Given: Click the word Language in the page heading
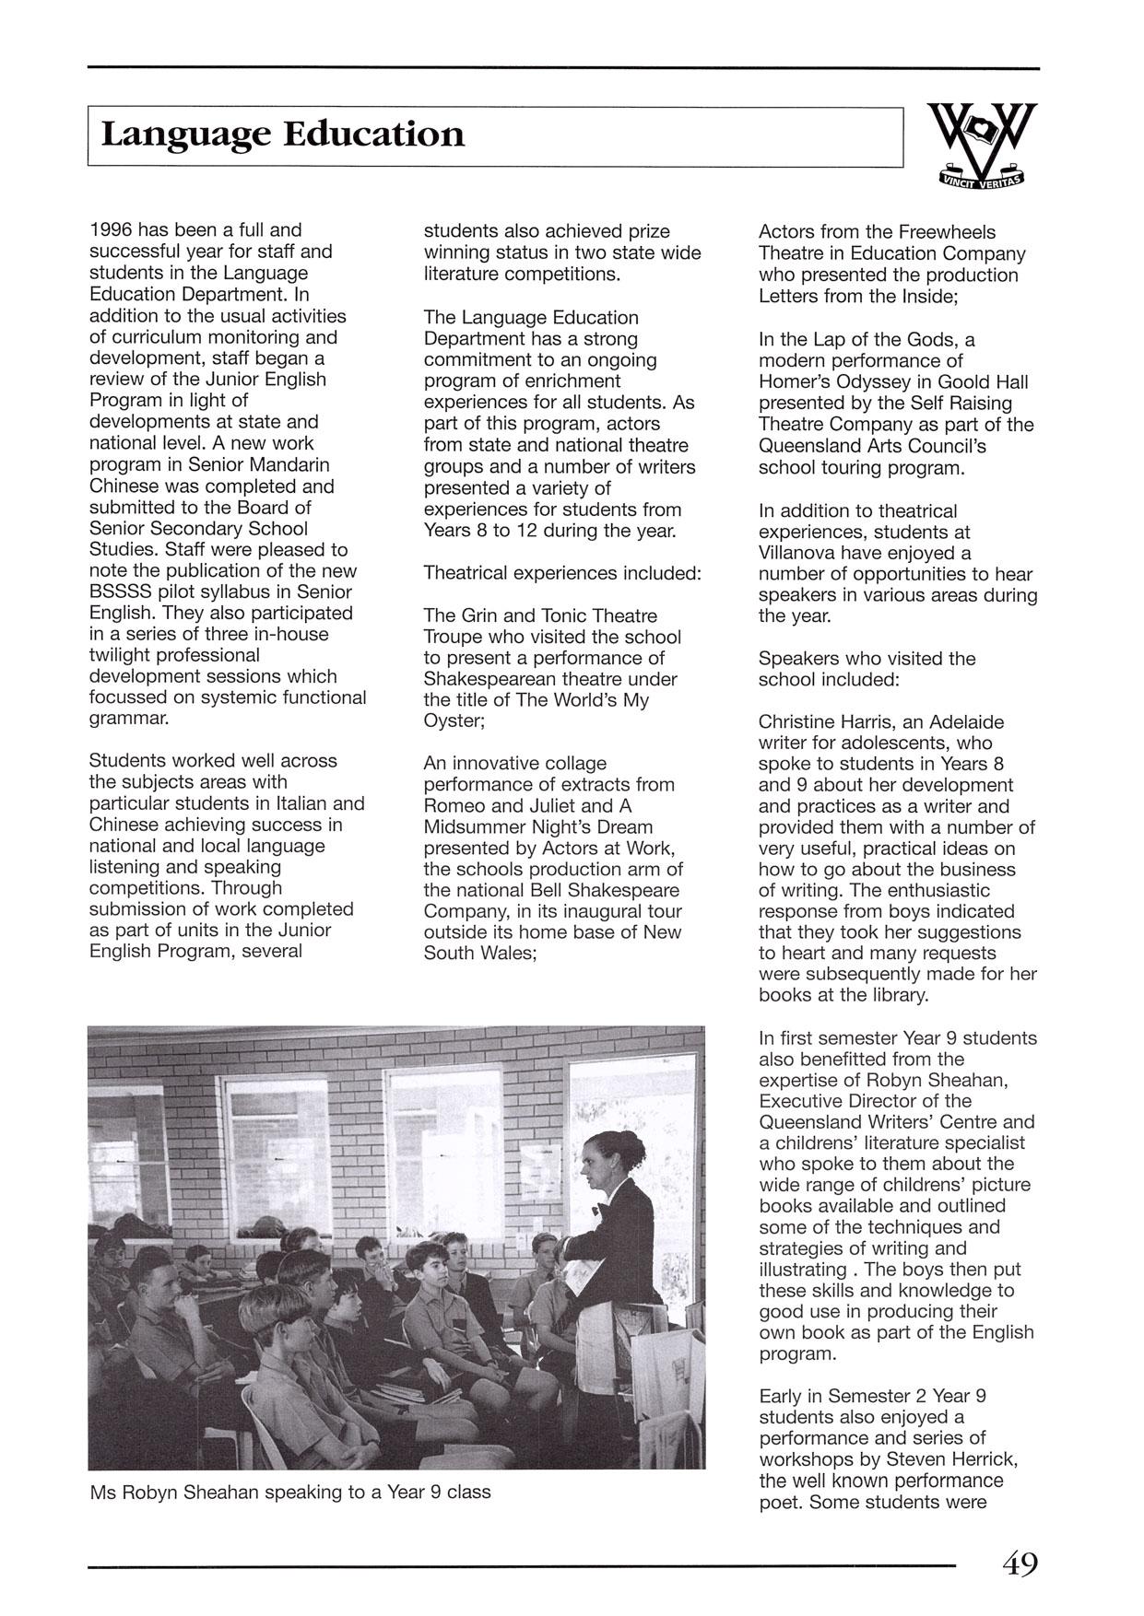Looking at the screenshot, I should coord(183,136).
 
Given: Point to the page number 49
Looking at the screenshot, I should coord(1019,1564).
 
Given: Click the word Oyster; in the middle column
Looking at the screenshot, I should coord(454,721).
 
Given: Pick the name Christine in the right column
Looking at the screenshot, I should coord(798,721).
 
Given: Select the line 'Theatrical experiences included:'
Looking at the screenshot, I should coord(562,573).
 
